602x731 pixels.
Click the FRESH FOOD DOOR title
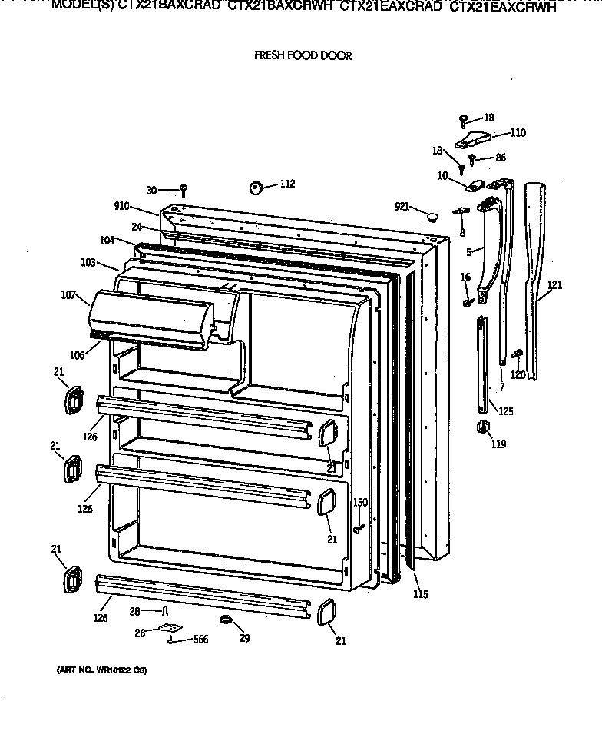coord(303,56)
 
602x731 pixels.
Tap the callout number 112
coord(287,184)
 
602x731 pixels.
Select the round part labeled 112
coord(256,187)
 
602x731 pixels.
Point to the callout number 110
coord(518,133)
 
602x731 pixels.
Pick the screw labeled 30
coord(184,190)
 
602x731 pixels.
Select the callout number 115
coord(419,594)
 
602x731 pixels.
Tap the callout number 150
coord(360,503)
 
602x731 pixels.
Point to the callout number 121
coord(554,285)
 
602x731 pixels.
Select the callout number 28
coord(134,611)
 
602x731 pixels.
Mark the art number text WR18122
coord(100,671)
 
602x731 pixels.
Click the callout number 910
coord(122,207)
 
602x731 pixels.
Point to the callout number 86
coord(500,158)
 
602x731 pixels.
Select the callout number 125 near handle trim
coord(505,411)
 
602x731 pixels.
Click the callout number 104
coord(107,240)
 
